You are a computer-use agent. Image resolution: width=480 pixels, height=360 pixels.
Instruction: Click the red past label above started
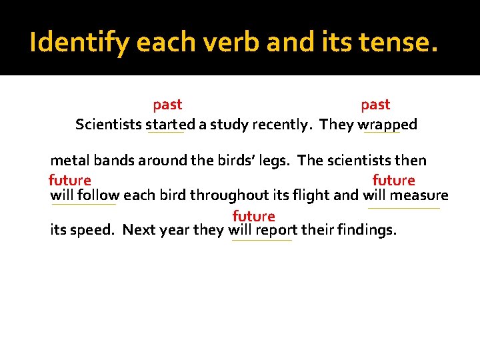pyautogui.click(x=167, y=105)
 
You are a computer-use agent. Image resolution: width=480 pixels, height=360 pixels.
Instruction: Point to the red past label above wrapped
pyautogui.click(x=375, y=105)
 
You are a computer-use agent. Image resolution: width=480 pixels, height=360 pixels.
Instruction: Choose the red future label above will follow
pyautogui.click(x=70, y=180)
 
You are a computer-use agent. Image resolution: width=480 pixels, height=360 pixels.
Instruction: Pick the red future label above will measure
pyautogui.click(x=393, y=180)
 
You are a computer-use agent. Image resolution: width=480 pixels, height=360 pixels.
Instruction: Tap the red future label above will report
pyautogui.click(x=253, y=216)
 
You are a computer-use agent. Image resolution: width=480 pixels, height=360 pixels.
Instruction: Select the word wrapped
pyautogui.click(x=387, y=125)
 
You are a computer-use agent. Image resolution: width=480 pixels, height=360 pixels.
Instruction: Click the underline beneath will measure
pyautogui.click(x=404, y=209)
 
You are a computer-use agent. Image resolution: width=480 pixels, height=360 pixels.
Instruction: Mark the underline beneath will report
pyautogui.click(x=262, y=241)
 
